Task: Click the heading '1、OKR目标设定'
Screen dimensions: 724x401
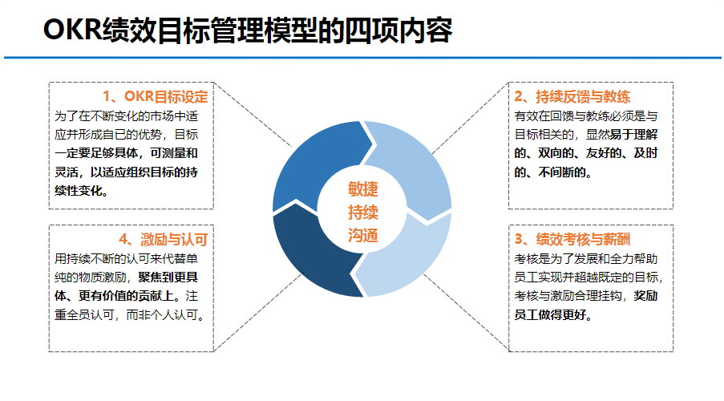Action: point(156,97)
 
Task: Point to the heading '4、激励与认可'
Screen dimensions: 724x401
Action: point(163,238)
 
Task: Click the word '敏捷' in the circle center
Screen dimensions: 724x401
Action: point(362,189)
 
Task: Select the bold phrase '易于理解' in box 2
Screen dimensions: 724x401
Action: point(633,133)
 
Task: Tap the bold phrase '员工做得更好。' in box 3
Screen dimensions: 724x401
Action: point(553,315)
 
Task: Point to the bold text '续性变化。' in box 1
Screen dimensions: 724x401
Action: point(81,191)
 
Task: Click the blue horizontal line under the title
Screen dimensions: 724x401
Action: point(362,58)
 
